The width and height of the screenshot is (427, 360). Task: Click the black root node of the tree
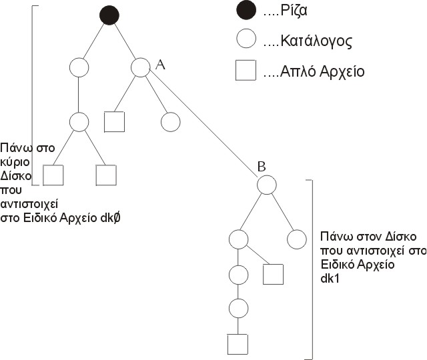(109, 15)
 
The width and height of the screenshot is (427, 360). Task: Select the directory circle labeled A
(141, 67)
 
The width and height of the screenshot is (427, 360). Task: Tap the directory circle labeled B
(267, 185)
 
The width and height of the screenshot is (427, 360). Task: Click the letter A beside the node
(159, 64)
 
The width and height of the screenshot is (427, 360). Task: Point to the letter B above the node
(263, 167)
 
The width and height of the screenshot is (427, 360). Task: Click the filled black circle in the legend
(246, 12)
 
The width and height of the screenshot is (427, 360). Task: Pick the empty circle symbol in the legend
(246, 41)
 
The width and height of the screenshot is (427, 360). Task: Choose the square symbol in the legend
(246, 71)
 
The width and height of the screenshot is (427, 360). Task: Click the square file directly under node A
(115, 122)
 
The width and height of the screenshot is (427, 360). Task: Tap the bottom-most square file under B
(238, 343)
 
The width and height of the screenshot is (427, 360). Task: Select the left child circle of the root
(79, 67)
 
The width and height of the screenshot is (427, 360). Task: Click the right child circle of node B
(296, 238)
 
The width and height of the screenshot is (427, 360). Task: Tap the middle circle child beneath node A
(171, 122)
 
